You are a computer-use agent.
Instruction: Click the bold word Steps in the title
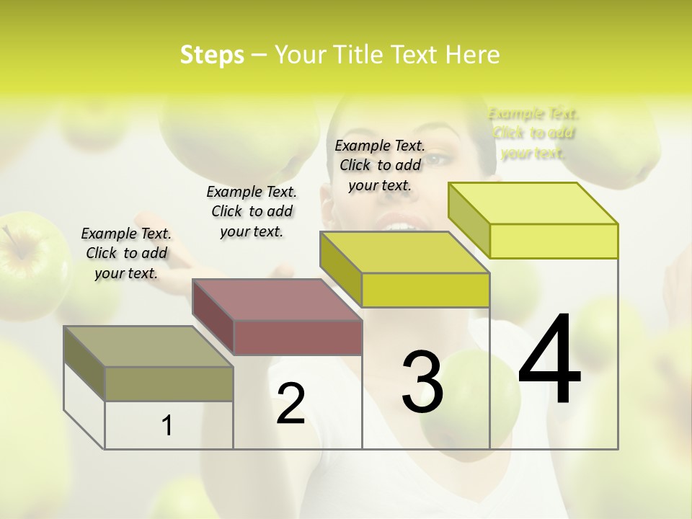(212, 55)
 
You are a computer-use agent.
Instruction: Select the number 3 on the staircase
(422, 382)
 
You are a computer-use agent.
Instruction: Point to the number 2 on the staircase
(290, 404)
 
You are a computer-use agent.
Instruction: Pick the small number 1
(167, 426)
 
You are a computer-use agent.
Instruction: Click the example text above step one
(126, 253)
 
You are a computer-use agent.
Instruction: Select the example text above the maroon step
(252, 211)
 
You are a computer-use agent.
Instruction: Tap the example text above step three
(380, 165)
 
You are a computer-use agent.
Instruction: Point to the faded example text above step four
(533, 133)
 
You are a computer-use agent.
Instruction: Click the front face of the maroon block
(298, 337)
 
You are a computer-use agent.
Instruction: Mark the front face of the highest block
(554, 241)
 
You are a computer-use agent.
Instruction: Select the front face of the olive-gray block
(169, 383)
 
